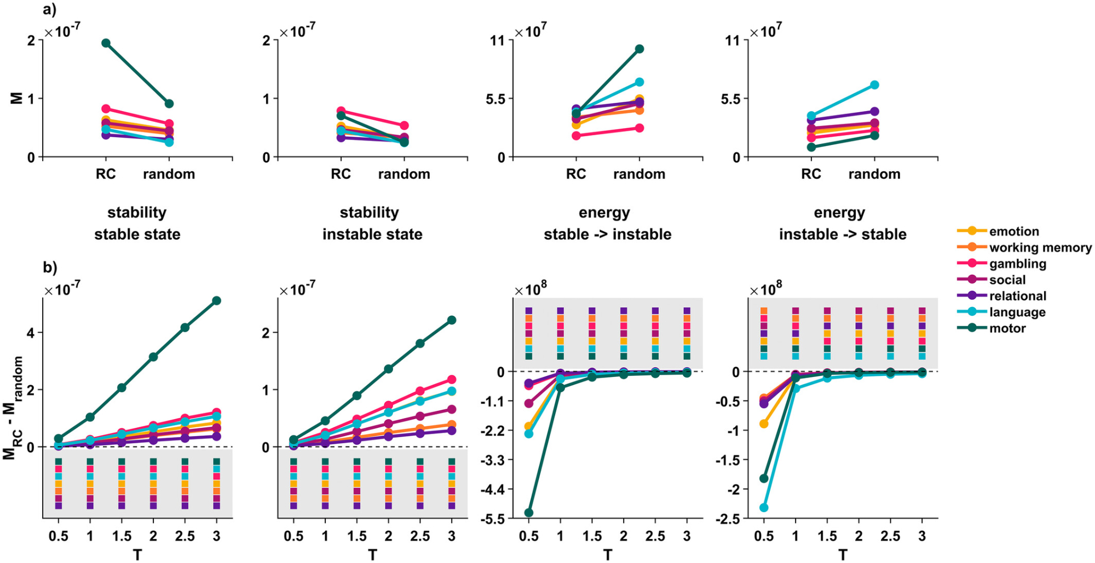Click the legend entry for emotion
(x=1013, y=231)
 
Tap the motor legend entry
(x=1007, y=328)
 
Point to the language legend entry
(x=1017, y=312)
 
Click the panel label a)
(x=50, y=10)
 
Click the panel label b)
(x=50, y=267)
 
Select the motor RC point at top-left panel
(x=106, y=43)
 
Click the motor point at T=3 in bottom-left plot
(x=216, y=300)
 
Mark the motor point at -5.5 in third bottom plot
(x=528, y=513)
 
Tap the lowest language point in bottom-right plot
(x=764, y=508)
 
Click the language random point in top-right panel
(x=874, y=85)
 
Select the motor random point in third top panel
(x=639, y=49)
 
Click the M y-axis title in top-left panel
(x=17, y=98)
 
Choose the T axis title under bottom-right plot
(x=843, y=555)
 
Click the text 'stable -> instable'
(x=607, y=235)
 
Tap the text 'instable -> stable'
(x=843, y=235)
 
